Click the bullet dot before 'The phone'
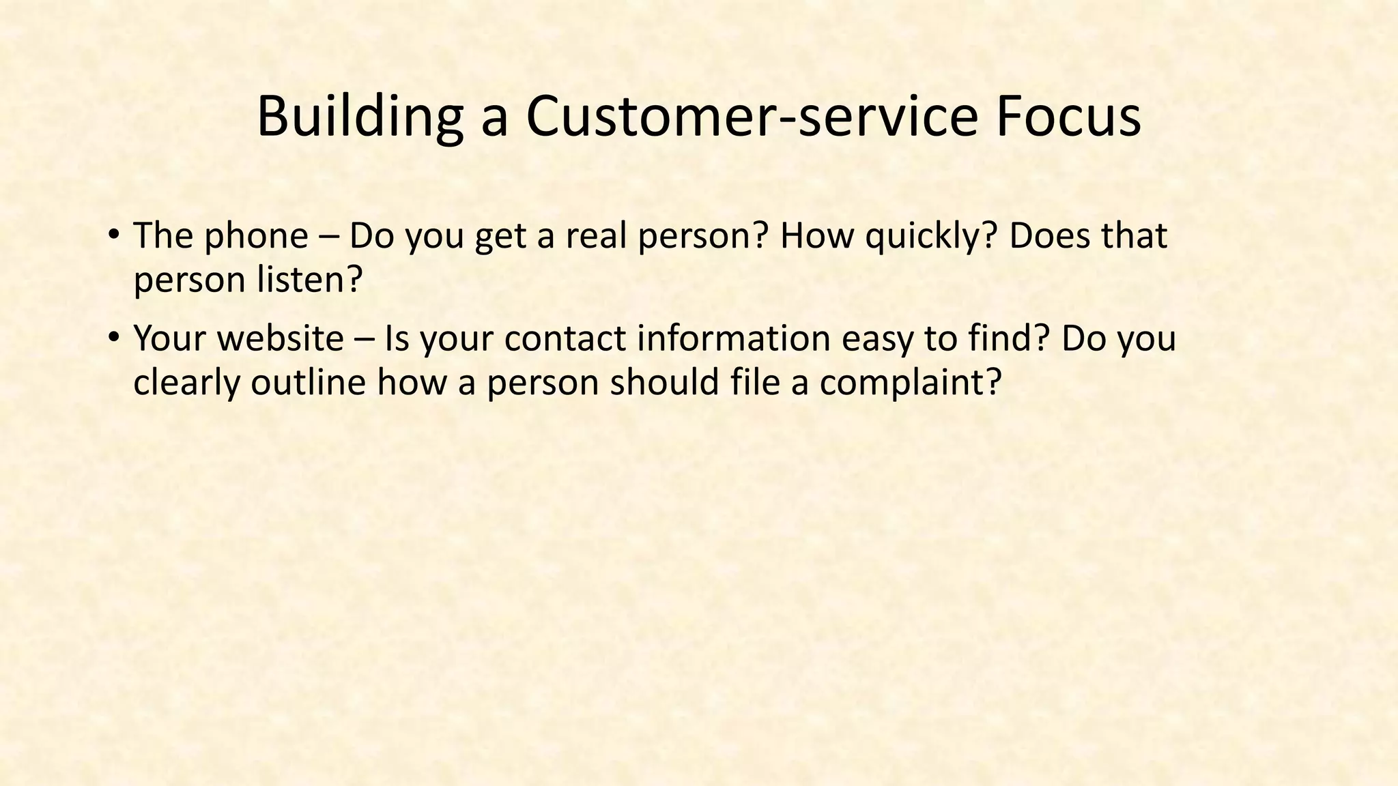(113, 235)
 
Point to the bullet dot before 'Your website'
(113, 337)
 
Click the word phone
(257, 236)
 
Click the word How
(817, 236)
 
